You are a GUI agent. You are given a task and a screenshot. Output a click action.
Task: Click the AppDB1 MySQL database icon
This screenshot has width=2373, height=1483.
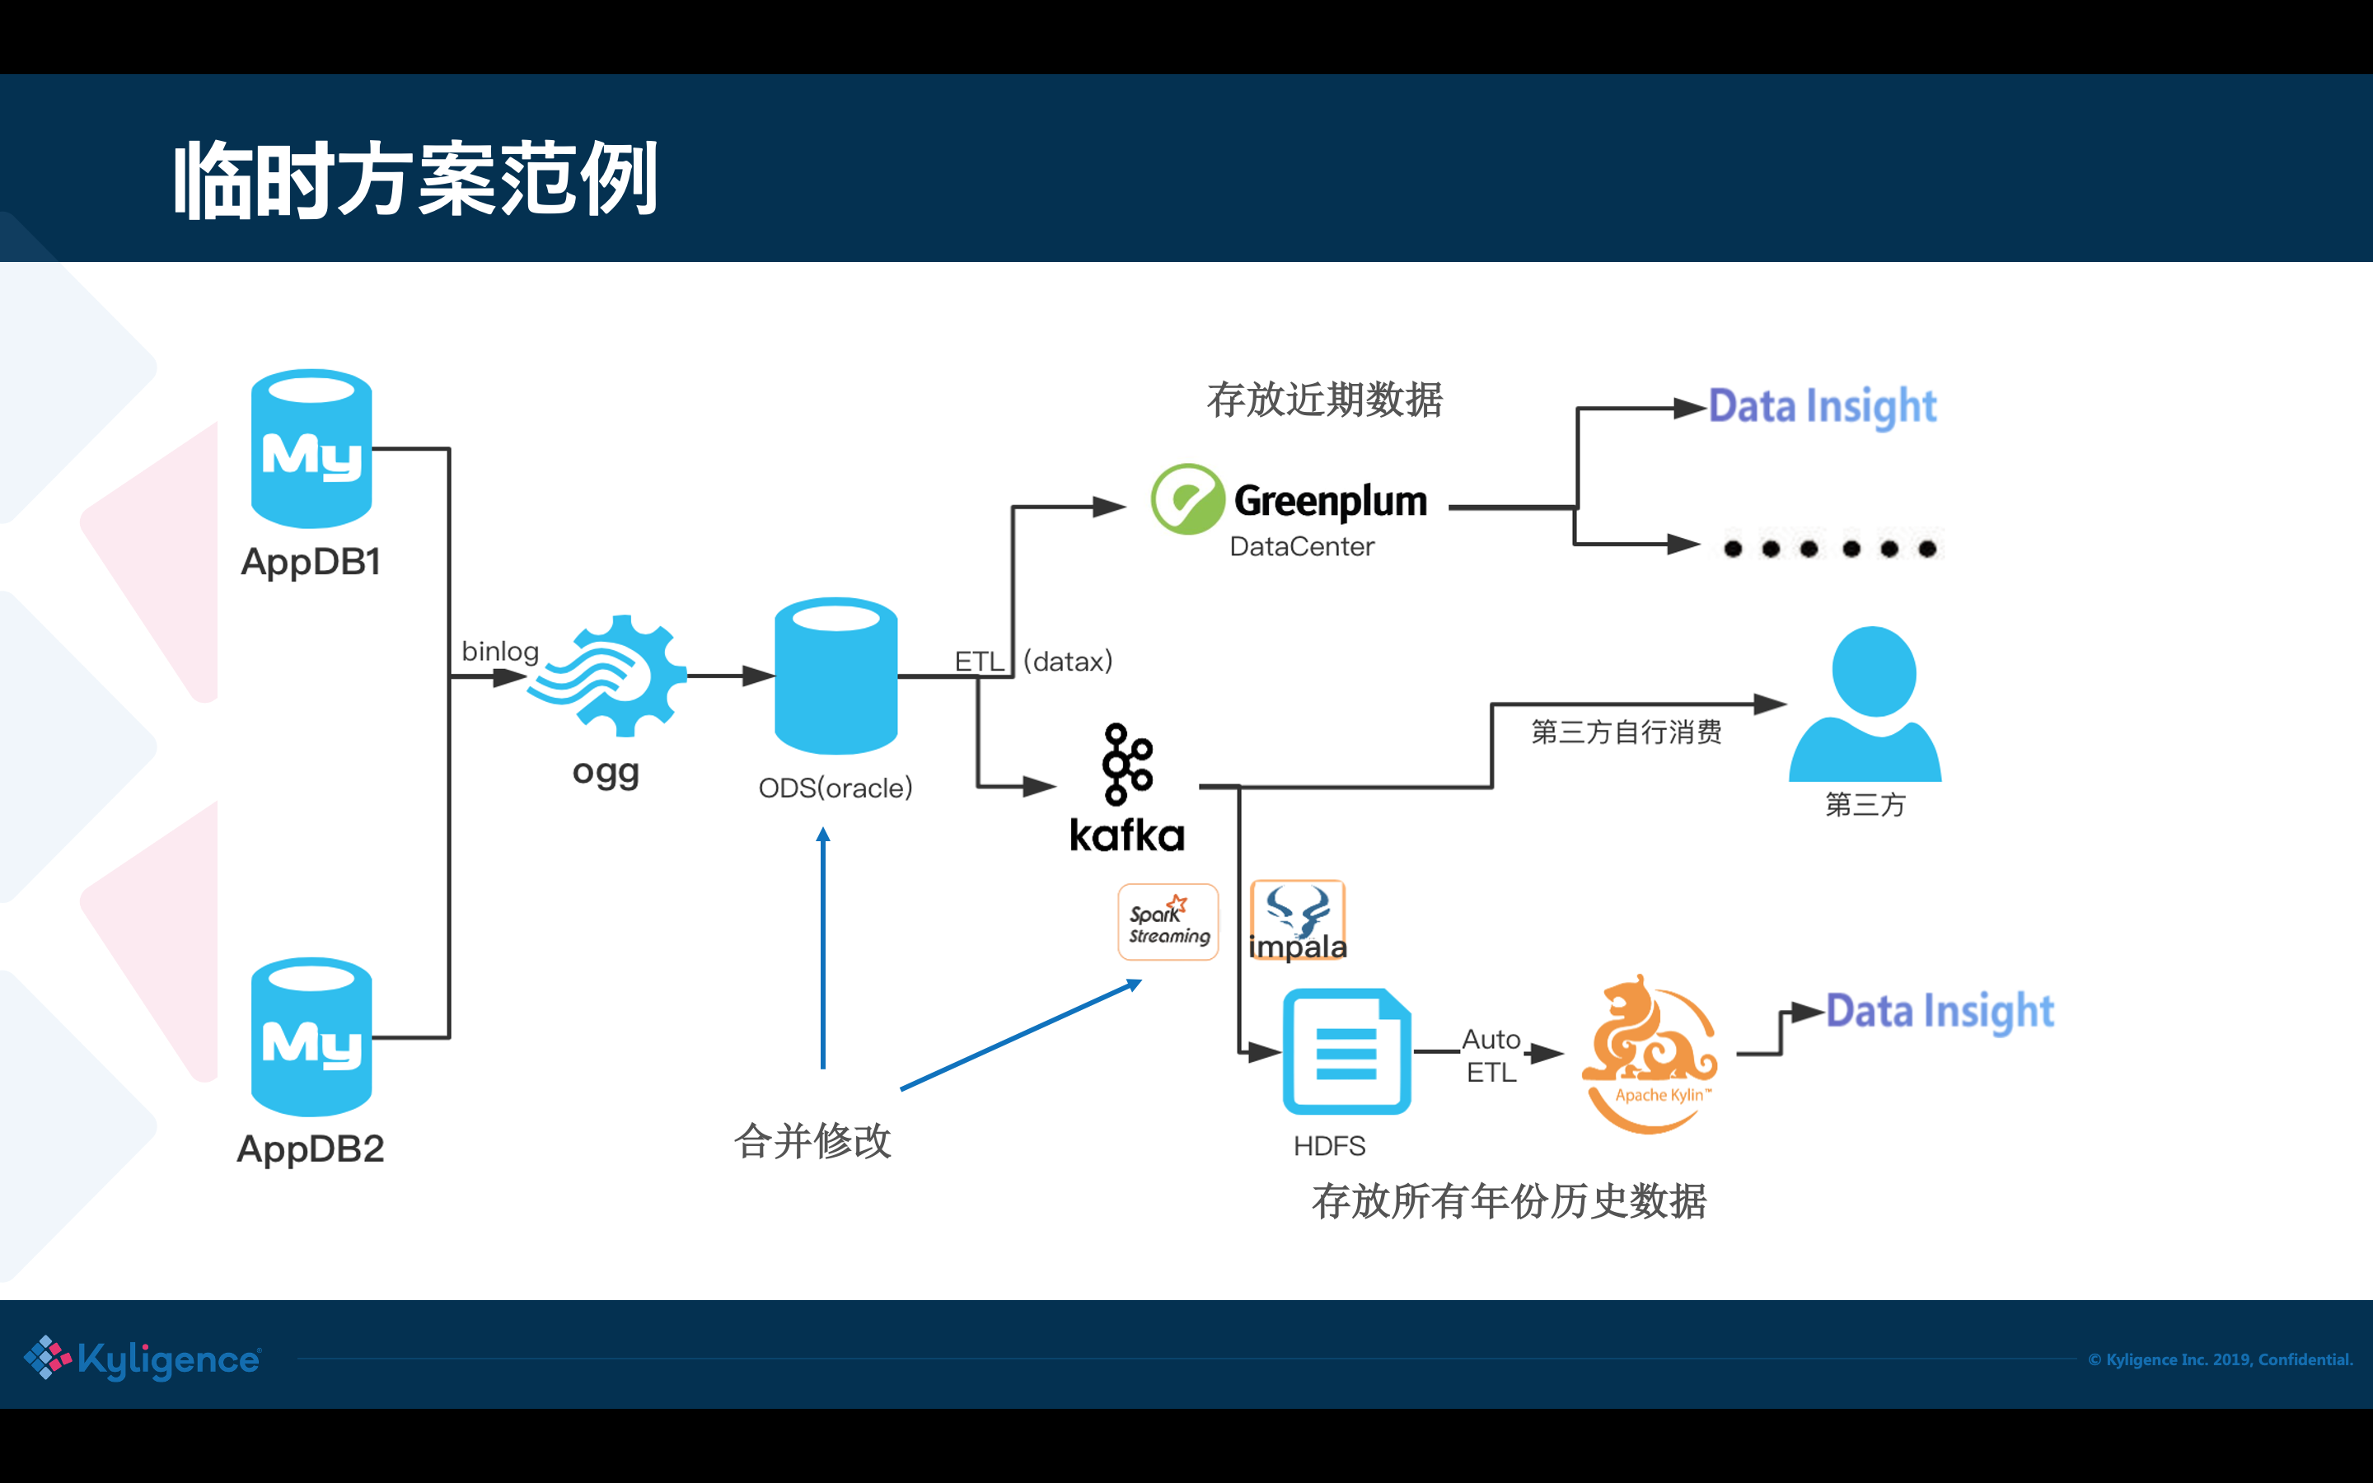point(311,448)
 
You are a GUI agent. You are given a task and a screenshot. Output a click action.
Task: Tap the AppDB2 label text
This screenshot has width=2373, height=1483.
point(311,1149)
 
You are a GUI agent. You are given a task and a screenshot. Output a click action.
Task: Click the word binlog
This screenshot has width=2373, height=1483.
point(500,651)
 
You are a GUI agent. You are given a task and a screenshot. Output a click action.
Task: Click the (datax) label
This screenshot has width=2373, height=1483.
point(1068,661)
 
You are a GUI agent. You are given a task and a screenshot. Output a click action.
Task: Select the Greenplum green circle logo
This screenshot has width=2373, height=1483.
point(1186,499)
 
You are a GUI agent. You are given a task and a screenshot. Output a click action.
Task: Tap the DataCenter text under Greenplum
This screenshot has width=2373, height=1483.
point(1301,546)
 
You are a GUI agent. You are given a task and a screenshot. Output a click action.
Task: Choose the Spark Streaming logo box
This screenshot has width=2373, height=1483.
point(1168,922)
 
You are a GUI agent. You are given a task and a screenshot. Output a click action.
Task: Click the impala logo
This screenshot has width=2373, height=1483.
point(1297,921)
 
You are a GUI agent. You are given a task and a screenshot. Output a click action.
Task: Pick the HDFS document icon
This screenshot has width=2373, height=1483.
point(1346,1051)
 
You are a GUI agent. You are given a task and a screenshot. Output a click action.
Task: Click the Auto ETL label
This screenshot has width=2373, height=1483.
point(1491,1055)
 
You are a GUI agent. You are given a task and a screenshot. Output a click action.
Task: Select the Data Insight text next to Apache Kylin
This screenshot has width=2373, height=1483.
point(1939,1011)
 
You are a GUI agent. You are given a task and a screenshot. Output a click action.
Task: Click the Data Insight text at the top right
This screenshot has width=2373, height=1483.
point(1822,406)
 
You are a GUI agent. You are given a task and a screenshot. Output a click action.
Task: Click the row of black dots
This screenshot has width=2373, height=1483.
point(1830,548)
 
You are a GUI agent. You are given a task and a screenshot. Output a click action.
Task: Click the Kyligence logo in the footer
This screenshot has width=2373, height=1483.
point(143,1359)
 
